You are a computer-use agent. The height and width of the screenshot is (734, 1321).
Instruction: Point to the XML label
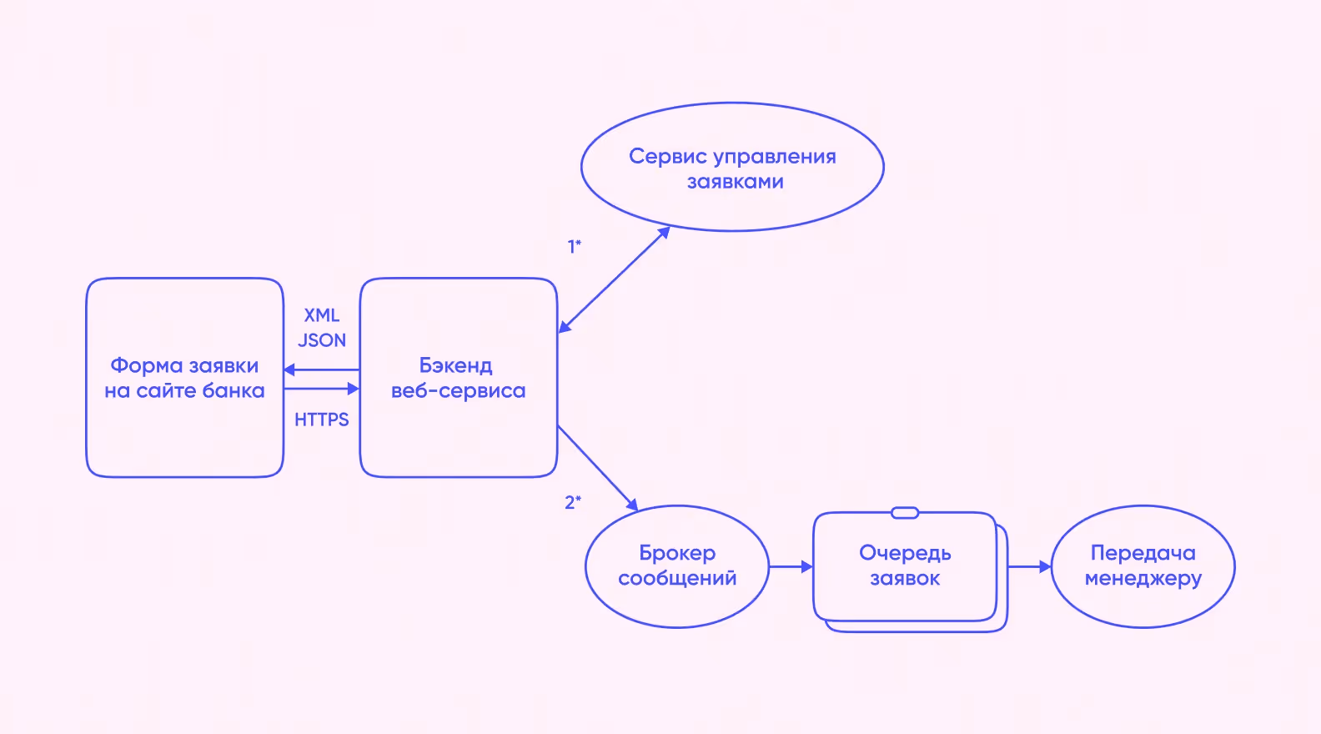(322, 315)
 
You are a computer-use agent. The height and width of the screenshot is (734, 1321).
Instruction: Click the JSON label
(322, 340)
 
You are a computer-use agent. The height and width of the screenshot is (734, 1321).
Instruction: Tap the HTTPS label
(322, 420)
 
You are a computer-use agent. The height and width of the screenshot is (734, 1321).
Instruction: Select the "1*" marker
(575, 246)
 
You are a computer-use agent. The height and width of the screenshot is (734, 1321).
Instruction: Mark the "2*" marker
(573, 502)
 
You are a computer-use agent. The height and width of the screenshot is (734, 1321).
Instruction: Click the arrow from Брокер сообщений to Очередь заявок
(790, 566)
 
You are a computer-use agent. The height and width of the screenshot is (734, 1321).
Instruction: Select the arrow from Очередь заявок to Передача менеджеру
(1029, 566)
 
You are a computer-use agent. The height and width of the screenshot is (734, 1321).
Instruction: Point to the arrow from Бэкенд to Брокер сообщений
(597, 467)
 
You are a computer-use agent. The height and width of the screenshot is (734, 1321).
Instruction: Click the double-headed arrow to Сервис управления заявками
(615, 279)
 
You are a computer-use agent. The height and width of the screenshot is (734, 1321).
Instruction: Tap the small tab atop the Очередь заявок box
(905, 513)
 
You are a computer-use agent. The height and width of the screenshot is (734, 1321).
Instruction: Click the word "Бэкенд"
(455, 365)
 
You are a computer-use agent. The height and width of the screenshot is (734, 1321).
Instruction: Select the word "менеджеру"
(1143, 578)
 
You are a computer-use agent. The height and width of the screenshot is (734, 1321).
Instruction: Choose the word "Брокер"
(677, 553)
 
